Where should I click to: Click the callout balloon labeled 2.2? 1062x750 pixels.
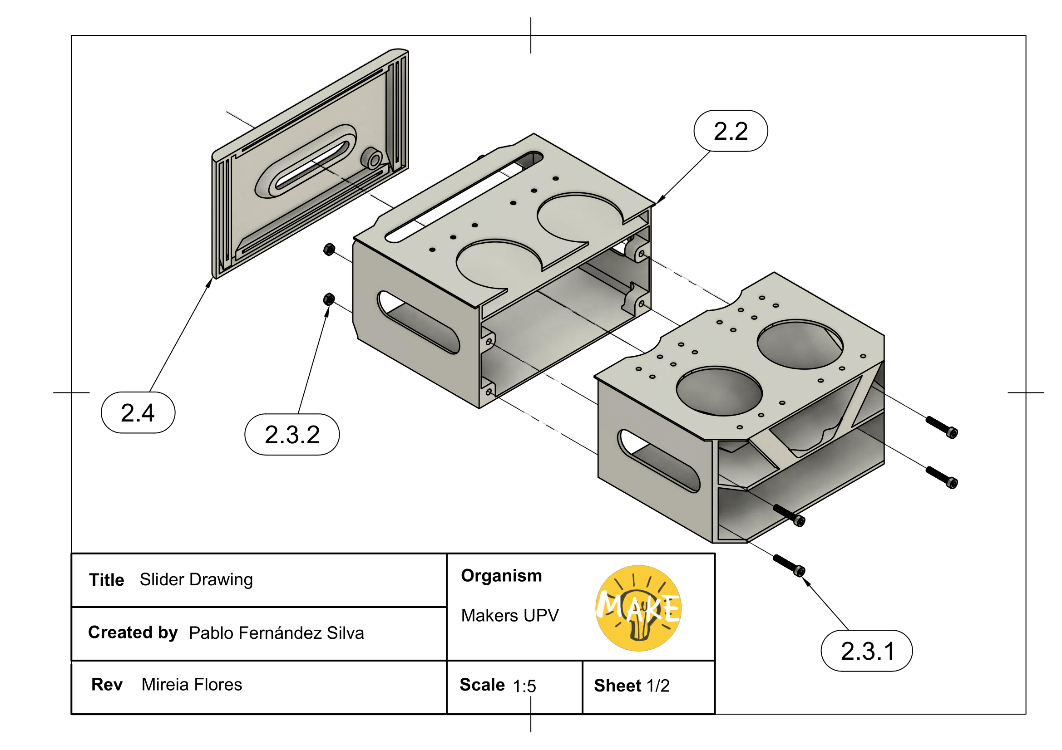pos(731,131)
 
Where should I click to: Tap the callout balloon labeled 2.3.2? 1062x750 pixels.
pos(292,434)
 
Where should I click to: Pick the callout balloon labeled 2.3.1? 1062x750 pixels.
pos(866,651)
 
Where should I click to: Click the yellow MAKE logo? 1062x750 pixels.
pos(638,608)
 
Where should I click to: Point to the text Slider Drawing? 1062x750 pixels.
pos(196,579)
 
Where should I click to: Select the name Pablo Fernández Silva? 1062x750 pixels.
pos(276,632)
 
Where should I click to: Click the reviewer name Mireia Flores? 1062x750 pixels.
pos(192,684)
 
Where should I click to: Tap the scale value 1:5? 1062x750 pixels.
pos(524,686)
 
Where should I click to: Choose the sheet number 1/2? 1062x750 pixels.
pos(658,686)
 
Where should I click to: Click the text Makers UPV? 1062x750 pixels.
pos(510,616)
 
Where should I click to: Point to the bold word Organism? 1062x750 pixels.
pos(501,576)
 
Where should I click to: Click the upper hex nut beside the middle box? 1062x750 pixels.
pos(329,250)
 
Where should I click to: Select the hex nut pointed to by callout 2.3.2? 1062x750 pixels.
pos(329,299)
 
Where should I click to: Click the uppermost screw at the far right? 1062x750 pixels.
pos(941,427)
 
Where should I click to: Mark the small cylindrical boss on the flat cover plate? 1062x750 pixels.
pos(372,158)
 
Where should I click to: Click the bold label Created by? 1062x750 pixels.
pos(133,632)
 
